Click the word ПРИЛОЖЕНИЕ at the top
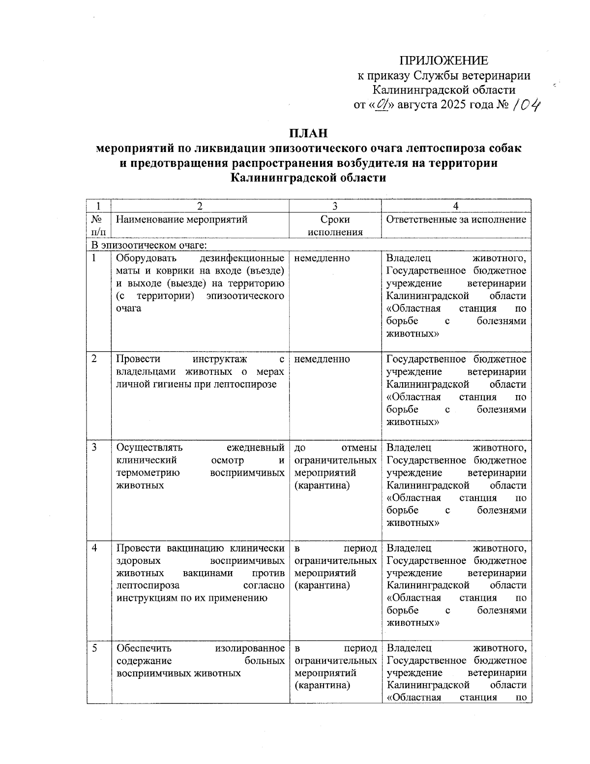click(x=443, y=61)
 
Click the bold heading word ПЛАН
click(x=308, y=133)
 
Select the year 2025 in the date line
click(x=456, y=105)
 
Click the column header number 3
click(x=335, y=206)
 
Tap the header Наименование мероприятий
click(x=181, y=219)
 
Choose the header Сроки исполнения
click(x=335, y=226)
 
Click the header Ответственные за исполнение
click(x=456, y=219)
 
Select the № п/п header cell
click(x=98, y=226)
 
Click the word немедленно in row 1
click(x=322, y=258)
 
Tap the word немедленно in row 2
click(x=322, y=359)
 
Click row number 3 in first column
click(x=94, y=447)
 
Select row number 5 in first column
click(x=94, y=648)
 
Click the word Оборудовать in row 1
click(x=147, y=258)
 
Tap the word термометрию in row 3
click(x=147, y=473)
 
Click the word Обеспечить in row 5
click(x=144, y=648)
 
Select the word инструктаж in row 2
click(x=220, y=359)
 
